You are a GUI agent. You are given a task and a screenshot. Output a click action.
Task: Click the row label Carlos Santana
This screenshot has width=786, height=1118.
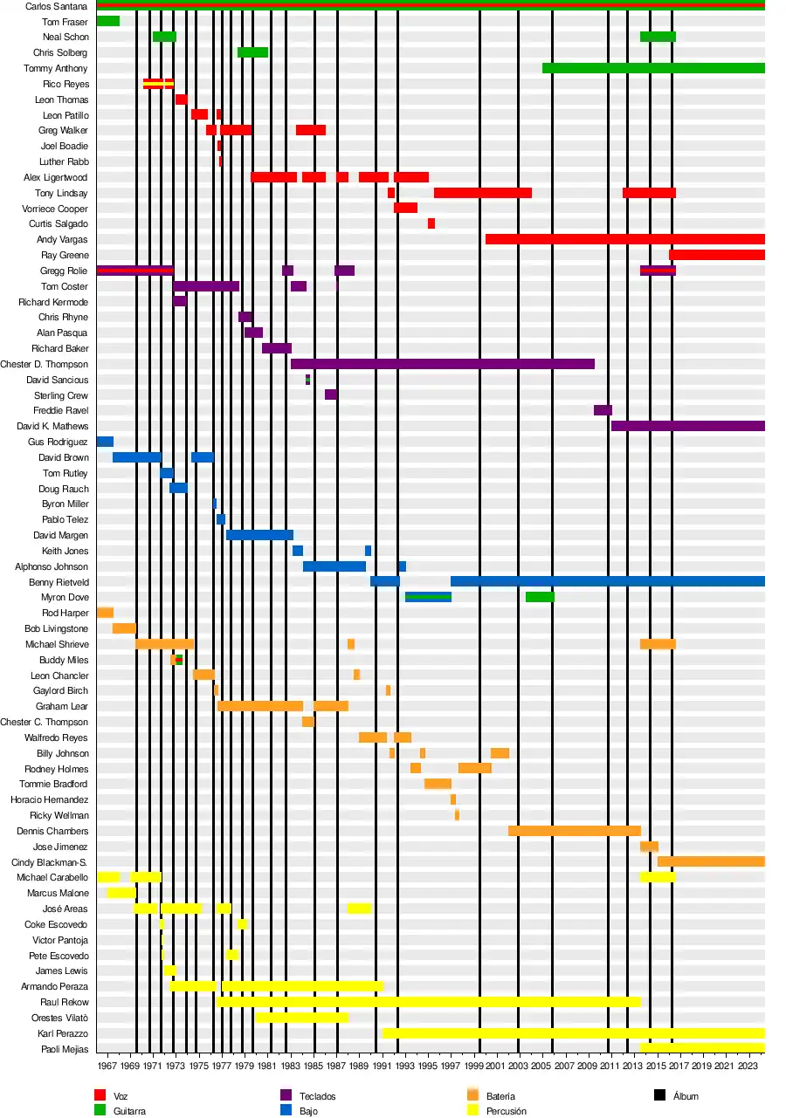click(x=56, y=6)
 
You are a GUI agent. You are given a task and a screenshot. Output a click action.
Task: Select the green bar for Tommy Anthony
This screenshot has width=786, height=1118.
click(x=653, y=68)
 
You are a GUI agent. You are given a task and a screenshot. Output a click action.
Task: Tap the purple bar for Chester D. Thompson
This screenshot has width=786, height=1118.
click(x=443, y=364)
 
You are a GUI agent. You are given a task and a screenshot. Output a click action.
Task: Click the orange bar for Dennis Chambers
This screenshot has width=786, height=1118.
click(x=575, y=831)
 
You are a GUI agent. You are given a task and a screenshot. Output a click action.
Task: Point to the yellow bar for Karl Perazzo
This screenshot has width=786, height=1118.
click(x=573, y=1033)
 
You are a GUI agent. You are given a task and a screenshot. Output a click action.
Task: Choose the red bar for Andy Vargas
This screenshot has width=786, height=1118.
click(x=625, y=239)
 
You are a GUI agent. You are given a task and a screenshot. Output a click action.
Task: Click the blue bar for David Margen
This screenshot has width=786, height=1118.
click(x=259, y=535)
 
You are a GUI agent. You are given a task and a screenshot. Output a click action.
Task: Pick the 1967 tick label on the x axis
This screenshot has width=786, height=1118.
click(x=107, y=1066)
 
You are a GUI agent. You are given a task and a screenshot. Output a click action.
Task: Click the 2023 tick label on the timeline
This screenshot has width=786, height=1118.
click(x=748, y=1066)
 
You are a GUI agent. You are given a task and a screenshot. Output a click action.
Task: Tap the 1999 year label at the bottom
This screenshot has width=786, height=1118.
click(x=473, y=1066)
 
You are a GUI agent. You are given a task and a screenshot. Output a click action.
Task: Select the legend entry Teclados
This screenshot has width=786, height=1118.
click(x=317, y=1096)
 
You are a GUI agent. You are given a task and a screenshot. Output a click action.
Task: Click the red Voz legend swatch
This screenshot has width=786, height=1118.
click(x=100, y=1095)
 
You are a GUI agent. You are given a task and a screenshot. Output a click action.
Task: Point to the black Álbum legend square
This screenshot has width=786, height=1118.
click(x=659, y=1095)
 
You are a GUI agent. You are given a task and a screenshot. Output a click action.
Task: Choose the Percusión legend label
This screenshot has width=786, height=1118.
click(x=507, y=1111)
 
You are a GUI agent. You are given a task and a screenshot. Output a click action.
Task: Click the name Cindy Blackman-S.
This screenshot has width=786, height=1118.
click(x=49, y=862)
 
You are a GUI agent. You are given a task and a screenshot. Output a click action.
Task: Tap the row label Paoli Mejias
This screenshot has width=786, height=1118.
click(x=65, y=1049)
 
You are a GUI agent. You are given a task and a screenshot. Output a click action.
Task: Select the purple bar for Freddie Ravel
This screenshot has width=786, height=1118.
click(x=603, y=410)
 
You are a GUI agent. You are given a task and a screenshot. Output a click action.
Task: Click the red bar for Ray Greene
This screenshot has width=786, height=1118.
click(x=717, y=255)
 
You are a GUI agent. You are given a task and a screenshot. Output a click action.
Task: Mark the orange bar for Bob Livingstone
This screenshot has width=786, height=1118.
click(x=124, y=628)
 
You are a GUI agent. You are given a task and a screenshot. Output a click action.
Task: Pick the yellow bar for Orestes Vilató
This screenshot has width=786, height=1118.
click(x=301, y=1018)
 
